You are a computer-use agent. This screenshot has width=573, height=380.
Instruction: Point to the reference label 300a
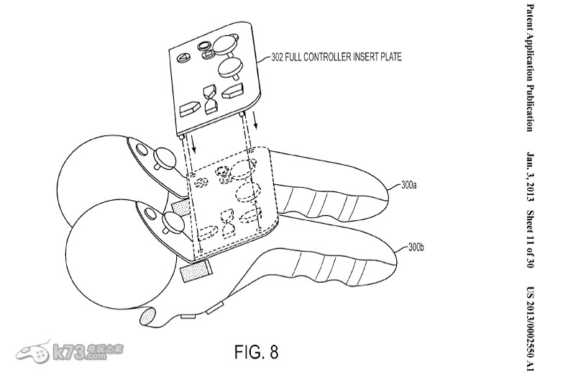[x=409, y=185]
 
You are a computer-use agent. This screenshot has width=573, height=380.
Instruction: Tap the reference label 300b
[x=416, y=247]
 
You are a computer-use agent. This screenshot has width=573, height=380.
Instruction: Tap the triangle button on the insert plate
[x=184, y=56]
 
